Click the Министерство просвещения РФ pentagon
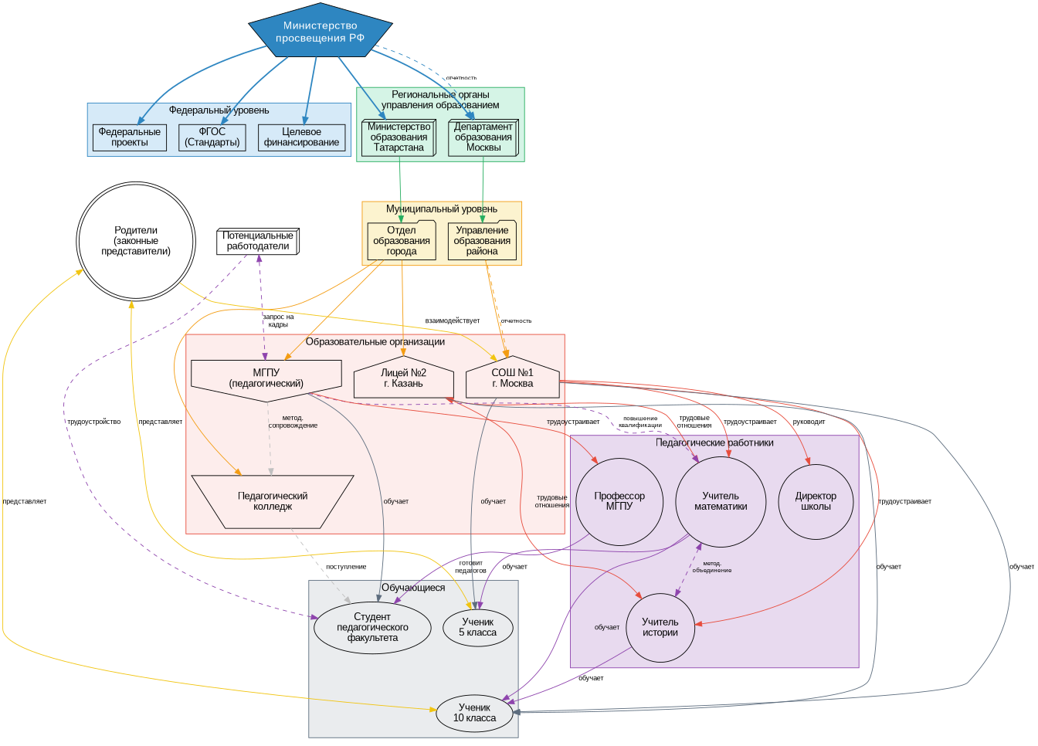point(320,32)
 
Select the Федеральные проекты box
point(130,137)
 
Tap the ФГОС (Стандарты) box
point(212,137)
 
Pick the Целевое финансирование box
point(301,137)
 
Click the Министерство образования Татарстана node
point(399,137)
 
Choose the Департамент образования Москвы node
point(483,137)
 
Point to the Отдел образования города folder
point(402,241)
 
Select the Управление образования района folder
point(482,241)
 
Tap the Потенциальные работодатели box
point(258,242)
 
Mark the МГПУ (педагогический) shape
point(266,378)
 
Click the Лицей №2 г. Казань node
point(403,378)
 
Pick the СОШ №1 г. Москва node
point(512,378)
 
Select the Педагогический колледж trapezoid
point(273,501)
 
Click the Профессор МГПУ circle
point(619,501)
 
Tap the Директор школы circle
point(816,501)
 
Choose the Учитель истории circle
point(660,627)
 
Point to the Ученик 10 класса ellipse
point(475,713)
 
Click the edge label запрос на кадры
point(278,320)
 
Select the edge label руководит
point(809,422)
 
